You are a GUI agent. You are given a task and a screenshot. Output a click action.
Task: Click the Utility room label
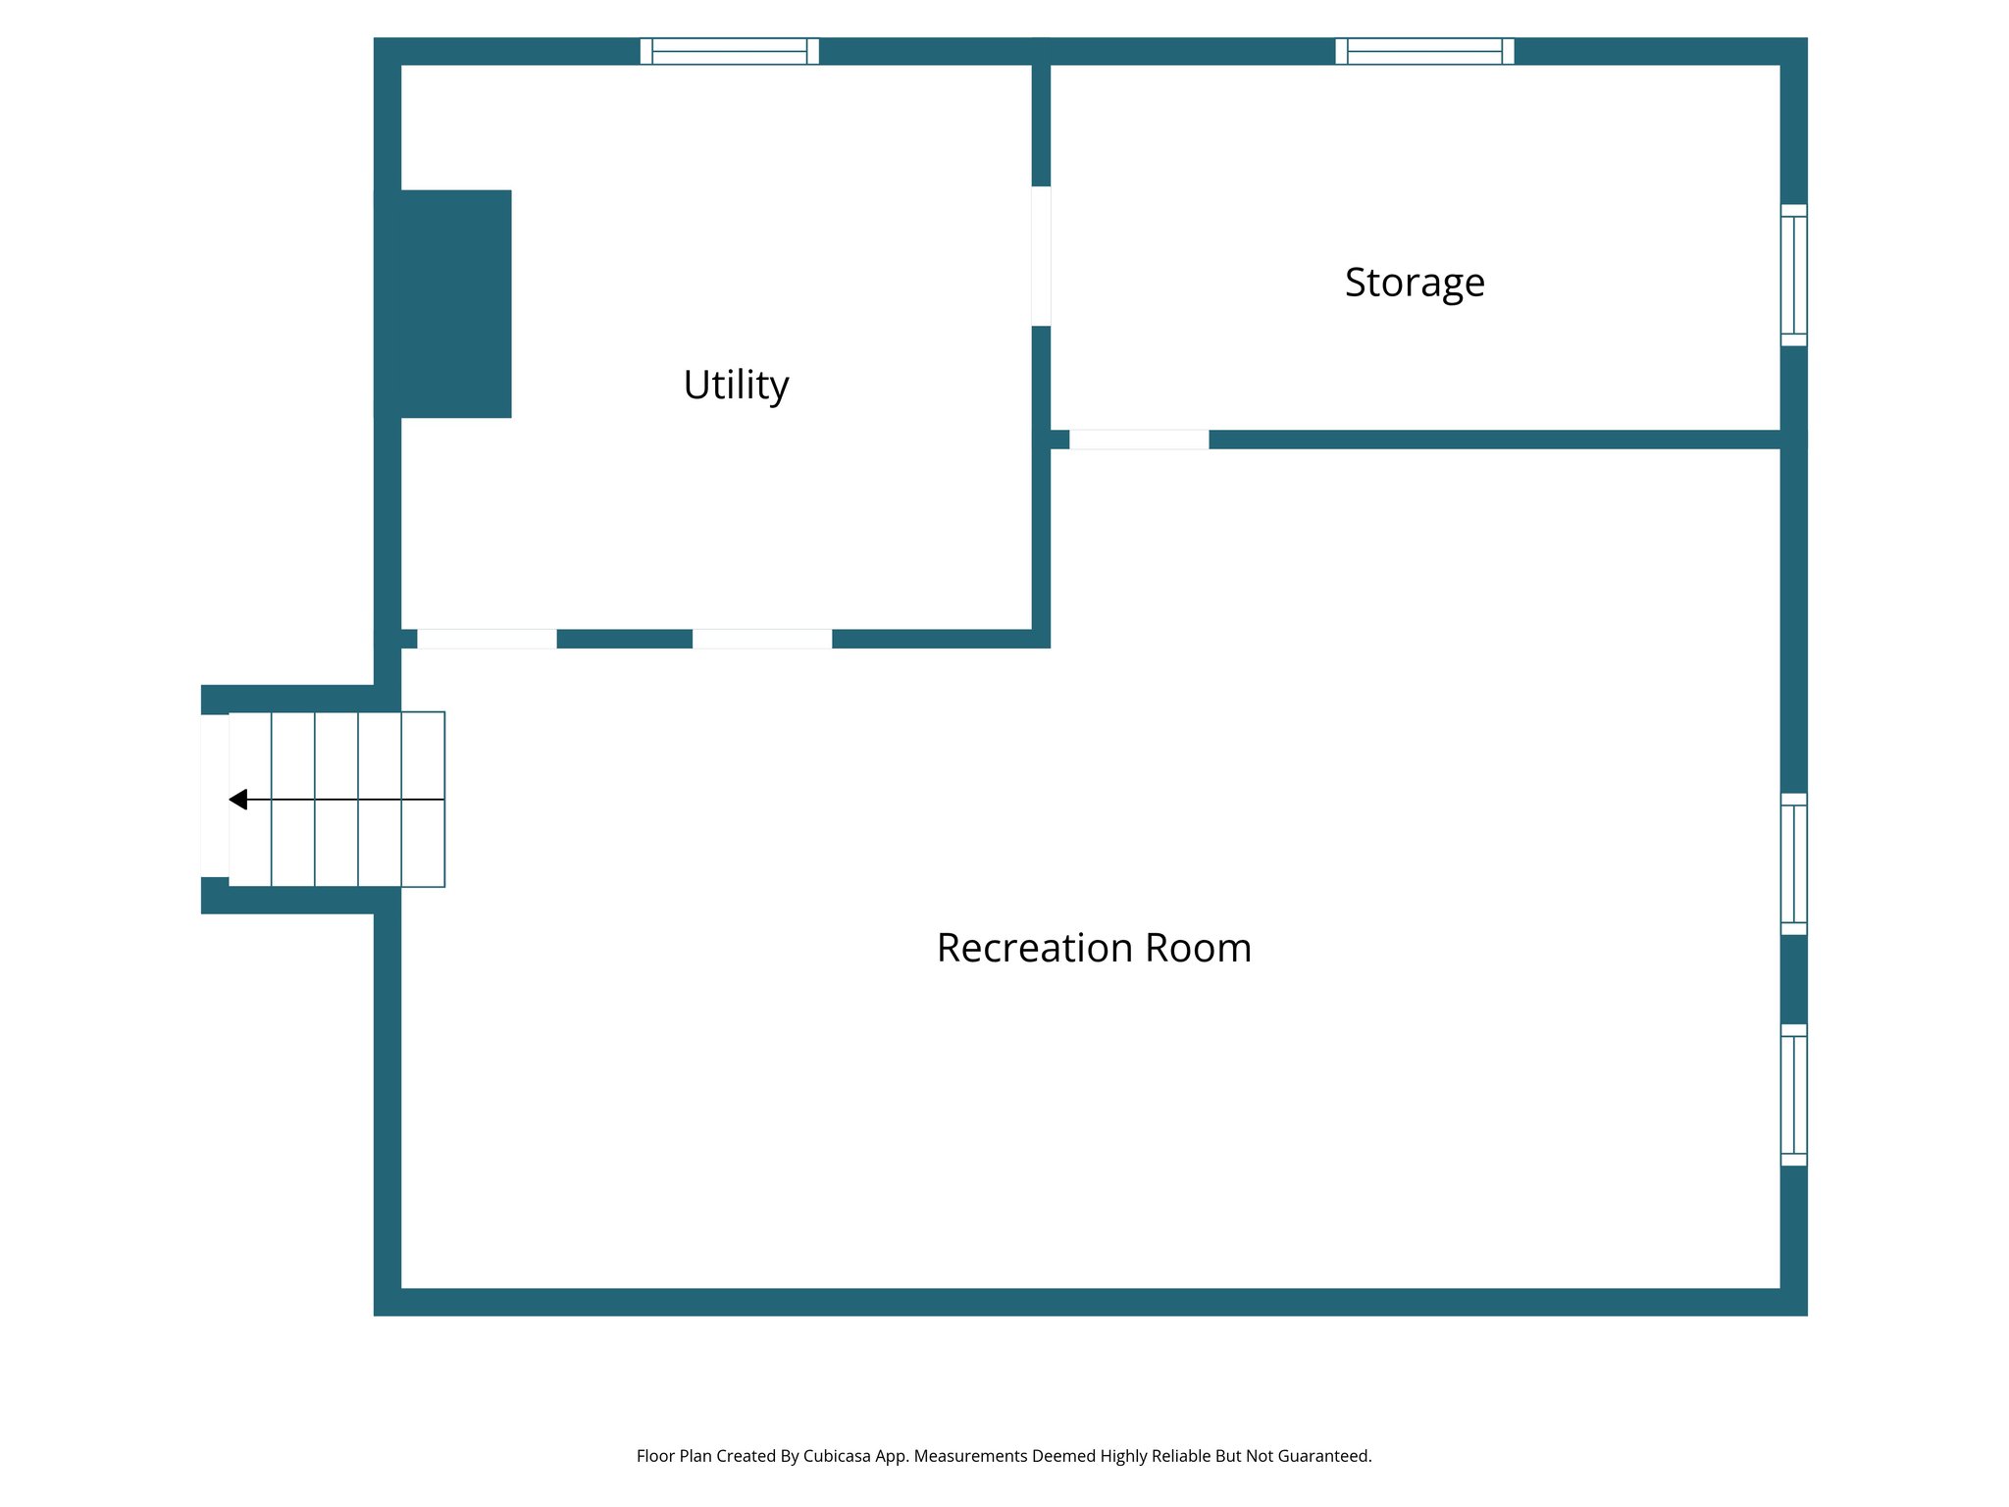pyautogui.click(x=736, y=385)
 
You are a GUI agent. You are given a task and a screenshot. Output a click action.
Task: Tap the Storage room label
pyautogui.click(x=1414, y=283)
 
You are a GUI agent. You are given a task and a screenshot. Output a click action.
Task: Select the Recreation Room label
pyautogui.click(x=1093, y=948)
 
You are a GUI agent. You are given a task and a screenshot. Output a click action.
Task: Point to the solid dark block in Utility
pyautogui.click(x=443, y=303)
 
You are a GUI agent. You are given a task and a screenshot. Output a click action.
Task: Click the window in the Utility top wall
pyautogui.click(x=729, y=51)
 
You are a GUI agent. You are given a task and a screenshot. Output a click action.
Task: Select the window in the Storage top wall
pyautogui.click(x=1424, y=51)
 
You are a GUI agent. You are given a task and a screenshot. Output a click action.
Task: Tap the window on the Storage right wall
pyautogui.click(x=1793, y=275)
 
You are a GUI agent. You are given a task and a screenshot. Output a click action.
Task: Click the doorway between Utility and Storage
pyautogui.click(x=1041, y=256)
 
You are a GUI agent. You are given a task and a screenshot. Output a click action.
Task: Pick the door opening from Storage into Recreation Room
pyautogui.click(x=1139, y=440)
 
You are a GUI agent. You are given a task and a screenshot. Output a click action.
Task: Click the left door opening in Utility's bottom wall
pyautogui.click(x=487, y=639)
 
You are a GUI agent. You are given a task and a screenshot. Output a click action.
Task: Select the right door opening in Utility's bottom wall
pyautogui.click(x=762, y=639)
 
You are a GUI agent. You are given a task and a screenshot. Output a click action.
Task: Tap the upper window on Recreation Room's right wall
pyautogui.click(x=1793, y=863)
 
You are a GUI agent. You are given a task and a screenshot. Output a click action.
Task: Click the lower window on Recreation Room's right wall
pyautogui.click(x=1793, y=1095)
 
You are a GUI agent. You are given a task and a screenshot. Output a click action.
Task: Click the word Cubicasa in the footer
pyautogui.click(x=836, y=1456)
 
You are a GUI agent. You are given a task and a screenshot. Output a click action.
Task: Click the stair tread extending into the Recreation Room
pyautogui.click(x=424, y=800)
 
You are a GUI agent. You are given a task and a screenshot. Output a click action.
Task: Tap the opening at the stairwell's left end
pyautogui.click(x=214, y=796)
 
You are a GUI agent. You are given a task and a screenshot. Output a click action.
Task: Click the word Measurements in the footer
pyautogui.click(x=970, y=1456)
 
